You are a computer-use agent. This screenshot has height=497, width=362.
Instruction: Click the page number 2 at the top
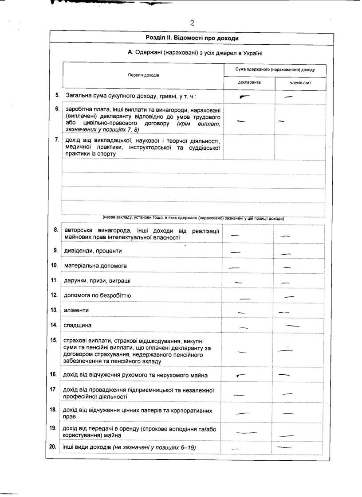tap(192, 23)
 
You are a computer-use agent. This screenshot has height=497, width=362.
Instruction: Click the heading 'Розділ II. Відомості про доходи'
tap(192, 38)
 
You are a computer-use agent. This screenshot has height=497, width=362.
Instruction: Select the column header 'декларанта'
tap(249, 82)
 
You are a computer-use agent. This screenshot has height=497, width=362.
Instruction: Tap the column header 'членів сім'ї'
tap(300, 83)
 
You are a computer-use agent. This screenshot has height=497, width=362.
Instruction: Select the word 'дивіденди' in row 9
tap(77, 251)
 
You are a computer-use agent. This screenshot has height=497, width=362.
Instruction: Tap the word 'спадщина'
tap(78, 326)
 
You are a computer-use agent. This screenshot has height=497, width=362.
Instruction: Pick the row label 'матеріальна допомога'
tap(95, 266)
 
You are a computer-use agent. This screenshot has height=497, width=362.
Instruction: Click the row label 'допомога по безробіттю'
tap(97, 295)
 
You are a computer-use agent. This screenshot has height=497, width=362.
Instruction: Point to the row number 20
tap(54, 447)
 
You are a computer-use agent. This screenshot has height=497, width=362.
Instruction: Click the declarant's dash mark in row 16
tap(241, 375)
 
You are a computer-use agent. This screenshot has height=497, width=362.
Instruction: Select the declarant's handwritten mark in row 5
tap(244, 96)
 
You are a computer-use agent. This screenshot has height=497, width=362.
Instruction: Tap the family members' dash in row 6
tap(281, 120)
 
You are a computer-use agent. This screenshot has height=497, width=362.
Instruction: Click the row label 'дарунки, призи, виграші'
tap(98, 280)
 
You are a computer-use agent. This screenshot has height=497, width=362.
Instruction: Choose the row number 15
tap(54, 340)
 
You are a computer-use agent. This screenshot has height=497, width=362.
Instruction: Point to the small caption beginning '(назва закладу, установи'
tap(193, 218)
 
